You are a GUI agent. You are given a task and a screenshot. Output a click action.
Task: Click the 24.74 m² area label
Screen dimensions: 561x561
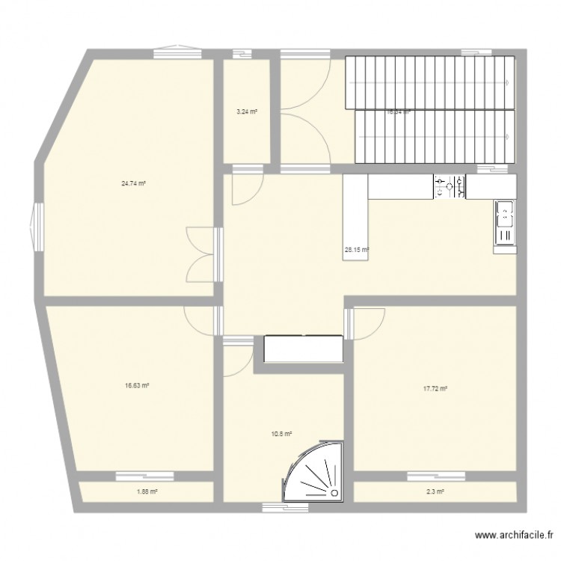click(x=133, y=183)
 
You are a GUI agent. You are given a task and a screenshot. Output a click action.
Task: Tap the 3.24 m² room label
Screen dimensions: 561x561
click(x=247, y=112)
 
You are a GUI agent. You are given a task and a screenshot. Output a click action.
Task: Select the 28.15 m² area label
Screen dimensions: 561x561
click(x=356, y=251)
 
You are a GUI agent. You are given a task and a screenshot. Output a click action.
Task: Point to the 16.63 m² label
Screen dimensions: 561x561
click(x=137, y=386)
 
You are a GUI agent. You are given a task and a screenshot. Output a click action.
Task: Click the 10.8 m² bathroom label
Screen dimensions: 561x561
click(x=280, y=433)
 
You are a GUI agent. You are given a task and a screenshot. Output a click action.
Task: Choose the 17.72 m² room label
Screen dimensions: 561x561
click(x=435, y=388)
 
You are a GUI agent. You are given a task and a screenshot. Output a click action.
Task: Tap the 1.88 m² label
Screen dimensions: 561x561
click(x=146, y=491)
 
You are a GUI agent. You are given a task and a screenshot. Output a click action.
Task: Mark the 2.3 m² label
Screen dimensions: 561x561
click(x=435, y=491)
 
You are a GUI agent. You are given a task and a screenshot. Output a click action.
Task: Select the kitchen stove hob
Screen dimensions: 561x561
click(x=449, y=187)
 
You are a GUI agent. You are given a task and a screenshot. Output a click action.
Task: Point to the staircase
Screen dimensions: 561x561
click(x=430, y=111)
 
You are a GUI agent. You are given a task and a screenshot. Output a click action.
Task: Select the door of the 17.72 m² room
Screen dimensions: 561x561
click(x=367, y=323)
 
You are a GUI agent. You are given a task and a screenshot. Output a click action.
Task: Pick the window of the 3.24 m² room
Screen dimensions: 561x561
click(x=241, y=53)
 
